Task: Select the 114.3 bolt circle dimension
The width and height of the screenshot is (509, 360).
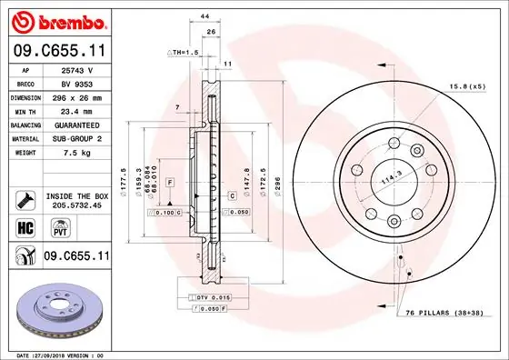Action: pos(392,180)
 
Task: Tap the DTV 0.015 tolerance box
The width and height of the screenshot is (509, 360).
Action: pos(215,297)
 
